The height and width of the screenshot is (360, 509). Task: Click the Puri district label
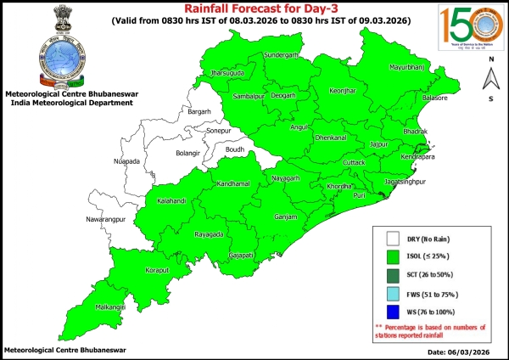pyautogui.click(x=359, y=195)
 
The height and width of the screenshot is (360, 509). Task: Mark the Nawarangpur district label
pyautogui.click(x=112, y=219)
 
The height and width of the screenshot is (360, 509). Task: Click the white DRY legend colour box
pyautogui.click(x=393, y=239)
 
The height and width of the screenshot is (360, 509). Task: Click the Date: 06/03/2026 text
pyautogui.click(x=458, y=351)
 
